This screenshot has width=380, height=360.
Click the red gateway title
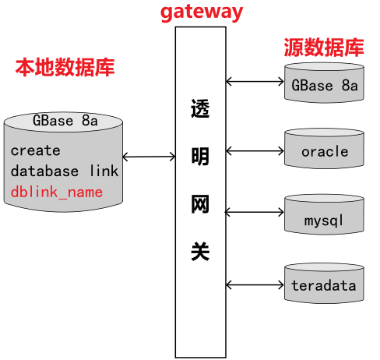[202, 12]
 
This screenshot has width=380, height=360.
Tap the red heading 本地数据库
[65, 68]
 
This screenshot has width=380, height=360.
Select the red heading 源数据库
[324, 48]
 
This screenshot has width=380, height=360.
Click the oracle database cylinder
[324, 148]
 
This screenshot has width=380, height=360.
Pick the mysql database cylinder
[324, 214]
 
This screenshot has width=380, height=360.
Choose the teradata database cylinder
[324, 283]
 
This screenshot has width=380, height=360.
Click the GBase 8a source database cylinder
[324, 83]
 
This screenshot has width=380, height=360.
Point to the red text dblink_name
[57, 192]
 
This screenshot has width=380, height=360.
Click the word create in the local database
[36, 150]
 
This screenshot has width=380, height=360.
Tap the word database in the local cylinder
[44, 171]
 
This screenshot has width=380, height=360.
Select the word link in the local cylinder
[104, 171]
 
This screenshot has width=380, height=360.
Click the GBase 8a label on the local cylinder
[65, 121]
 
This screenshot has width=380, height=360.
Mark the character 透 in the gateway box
[200, 108]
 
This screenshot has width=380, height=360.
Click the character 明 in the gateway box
[200, 157]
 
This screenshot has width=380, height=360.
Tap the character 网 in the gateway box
[200, 204]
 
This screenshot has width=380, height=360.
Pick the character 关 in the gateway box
[200, 251]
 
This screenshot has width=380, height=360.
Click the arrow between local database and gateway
[149, 157]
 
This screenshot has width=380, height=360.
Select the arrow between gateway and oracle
[255, 151]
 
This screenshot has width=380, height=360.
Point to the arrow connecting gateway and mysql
[255, 212]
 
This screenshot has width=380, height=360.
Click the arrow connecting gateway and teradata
[255, 285]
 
